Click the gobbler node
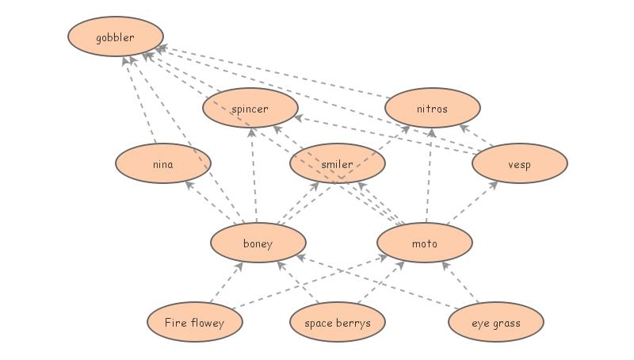116,37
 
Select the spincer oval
250,109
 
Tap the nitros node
432,109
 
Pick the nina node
162,165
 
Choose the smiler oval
337,165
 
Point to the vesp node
519,165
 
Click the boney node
258,243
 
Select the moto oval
424,243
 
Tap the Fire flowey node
194,323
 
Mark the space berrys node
337,323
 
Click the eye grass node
495,323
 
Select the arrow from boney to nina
212,202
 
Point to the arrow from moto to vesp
473,203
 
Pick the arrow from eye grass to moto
462,283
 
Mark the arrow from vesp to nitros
477,136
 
